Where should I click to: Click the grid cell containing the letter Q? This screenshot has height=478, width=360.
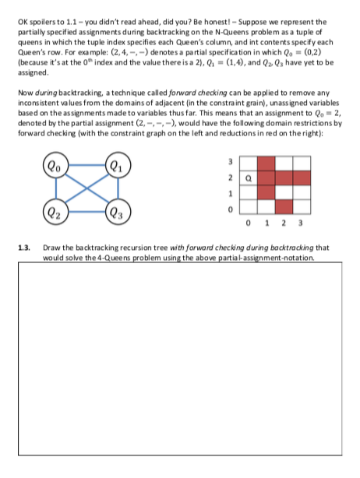pyautogui.click(x=249, y=177)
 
